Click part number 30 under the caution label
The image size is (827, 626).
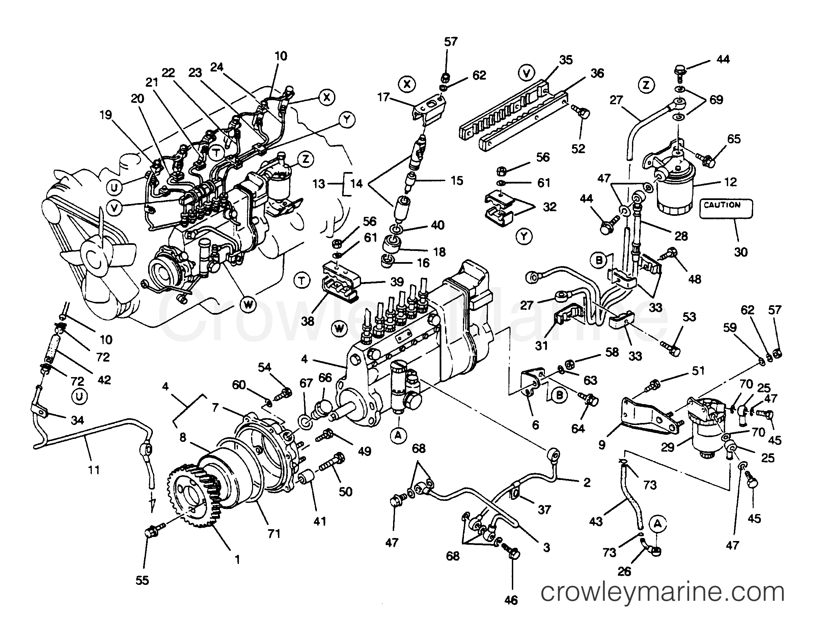[741, 252]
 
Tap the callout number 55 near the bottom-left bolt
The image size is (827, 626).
[142, 580]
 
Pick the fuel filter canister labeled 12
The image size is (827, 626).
[676, 194]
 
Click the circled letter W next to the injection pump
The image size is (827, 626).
[339, 329]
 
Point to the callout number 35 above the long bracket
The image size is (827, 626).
[566, 60]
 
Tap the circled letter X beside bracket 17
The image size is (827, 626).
[407, 84]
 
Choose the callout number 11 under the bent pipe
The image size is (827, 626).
[94, 470]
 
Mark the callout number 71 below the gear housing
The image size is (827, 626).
[274, 534]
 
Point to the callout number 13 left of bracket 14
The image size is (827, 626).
[319, 183]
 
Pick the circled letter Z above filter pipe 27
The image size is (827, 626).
[646, 85]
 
